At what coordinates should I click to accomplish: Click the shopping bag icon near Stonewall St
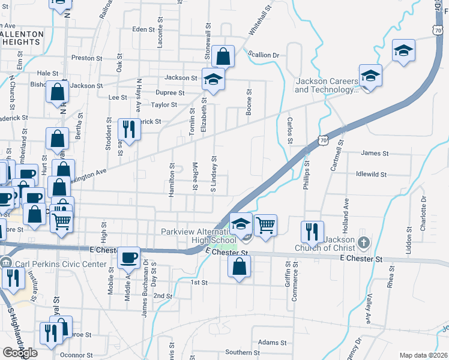[x=223, y=57]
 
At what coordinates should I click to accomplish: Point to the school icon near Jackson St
[x=212, y=79]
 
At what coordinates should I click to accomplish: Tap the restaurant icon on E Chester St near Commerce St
[x=312, y=231]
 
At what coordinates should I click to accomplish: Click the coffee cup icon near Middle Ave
[x=129, y=258]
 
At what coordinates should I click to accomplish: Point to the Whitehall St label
[x=260, y=18]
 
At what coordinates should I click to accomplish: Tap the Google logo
[x=19, y=353]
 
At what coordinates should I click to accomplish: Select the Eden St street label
[x=143, y=29]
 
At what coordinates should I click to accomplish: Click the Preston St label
[x=83, y=58]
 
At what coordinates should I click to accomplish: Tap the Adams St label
[x=270, y=343]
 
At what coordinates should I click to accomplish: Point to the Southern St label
[x=242, y=352]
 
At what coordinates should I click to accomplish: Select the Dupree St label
[x=169, y=93]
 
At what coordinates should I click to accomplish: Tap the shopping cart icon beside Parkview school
[x=265, y=226]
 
